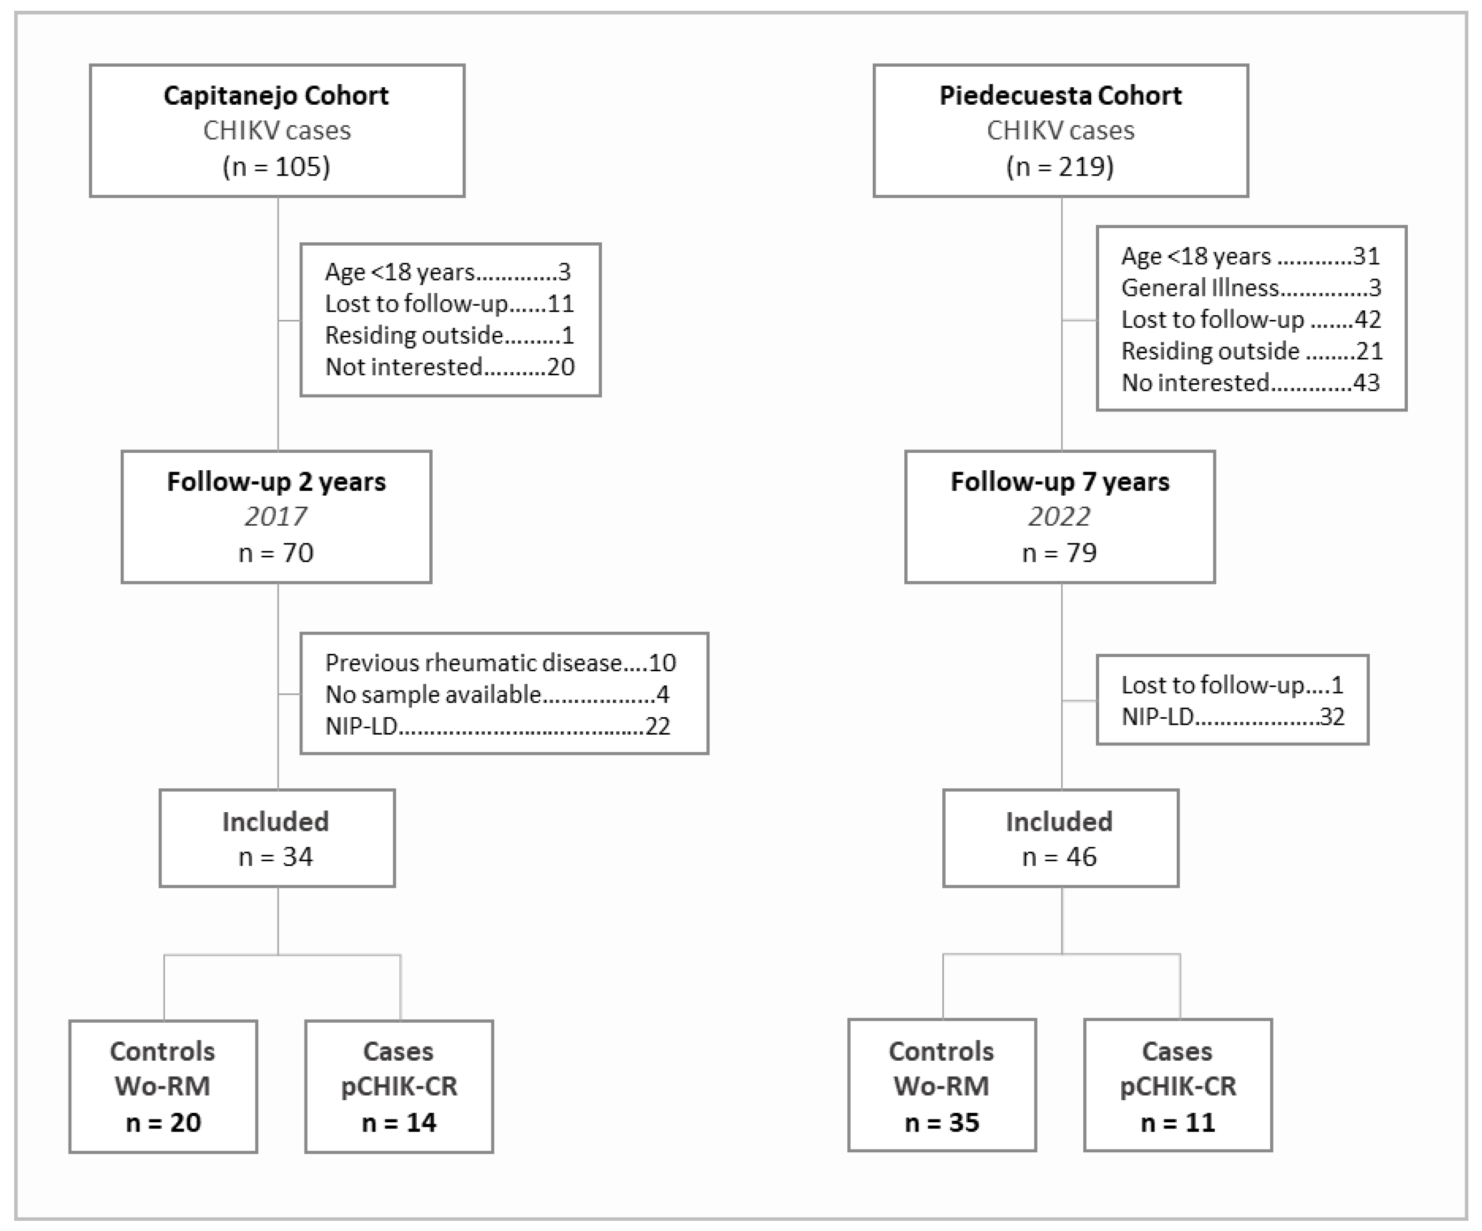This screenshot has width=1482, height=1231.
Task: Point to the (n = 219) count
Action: point(1060,166)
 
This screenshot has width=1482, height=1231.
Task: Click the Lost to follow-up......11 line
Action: point(450,304)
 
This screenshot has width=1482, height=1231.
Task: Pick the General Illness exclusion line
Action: point(1250,288)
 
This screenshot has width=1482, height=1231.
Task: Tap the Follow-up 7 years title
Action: point(1060,482)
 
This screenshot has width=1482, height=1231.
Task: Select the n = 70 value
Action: point(276,553)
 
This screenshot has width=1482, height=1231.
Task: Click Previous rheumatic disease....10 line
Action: point(501,663)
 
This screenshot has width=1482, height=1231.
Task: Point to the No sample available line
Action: point(497,695)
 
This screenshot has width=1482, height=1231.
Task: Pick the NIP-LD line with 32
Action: point(1232,717)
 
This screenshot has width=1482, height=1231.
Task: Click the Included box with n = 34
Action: point(277,838)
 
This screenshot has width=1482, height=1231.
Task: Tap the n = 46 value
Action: point(1060,857)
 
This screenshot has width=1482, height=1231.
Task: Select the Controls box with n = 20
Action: point(163,1086)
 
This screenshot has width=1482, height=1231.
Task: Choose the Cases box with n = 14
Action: point(399,1086)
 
